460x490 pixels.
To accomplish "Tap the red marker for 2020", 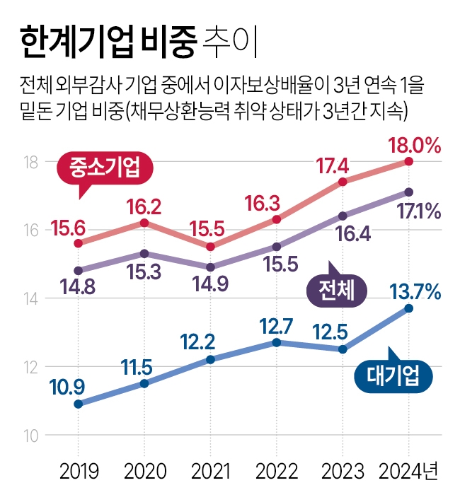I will pos(144,223).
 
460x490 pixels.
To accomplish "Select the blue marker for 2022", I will pos(277,342).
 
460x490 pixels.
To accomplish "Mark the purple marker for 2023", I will pos(343,216).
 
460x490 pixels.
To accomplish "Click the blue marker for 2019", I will pos(78,404).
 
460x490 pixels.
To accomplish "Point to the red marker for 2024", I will pos(409,161).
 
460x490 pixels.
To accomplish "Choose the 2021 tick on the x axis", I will pos(210,469).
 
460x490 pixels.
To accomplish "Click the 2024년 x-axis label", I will pos(409,469).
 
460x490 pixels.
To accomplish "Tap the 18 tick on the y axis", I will pos(31,162).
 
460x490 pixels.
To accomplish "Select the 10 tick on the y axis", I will pos(31,435).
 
